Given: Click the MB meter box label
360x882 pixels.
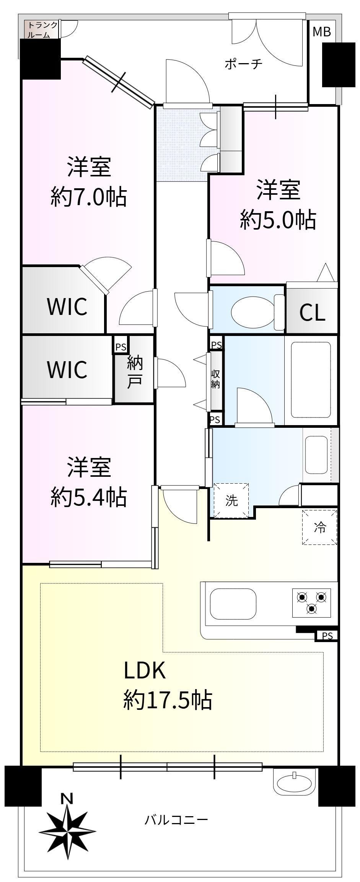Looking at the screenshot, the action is click(x=321, y=32).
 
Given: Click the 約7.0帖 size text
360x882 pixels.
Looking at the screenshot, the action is click(x=89, y=198).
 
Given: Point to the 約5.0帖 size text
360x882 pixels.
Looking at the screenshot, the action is click(x=278, y=220).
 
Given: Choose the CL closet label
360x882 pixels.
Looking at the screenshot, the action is click(x=312, y=313).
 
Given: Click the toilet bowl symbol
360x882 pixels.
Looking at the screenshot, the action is click(x=258, y=312).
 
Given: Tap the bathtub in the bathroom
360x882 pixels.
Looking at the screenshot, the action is click(x=310, y=380).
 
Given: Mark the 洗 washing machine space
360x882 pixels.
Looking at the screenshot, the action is click(x=231, y=501).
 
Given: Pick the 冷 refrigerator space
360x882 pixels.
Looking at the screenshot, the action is click(x=320, y=527).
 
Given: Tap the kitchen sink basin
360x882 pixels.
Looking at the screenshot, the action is click(x=233, y=603).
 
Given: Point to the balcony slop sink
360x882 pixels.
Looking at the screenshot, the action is click(x=294, y=782).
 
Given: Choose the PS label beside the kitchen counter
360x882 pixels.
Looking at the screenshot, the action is click(x=327, y=636).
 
